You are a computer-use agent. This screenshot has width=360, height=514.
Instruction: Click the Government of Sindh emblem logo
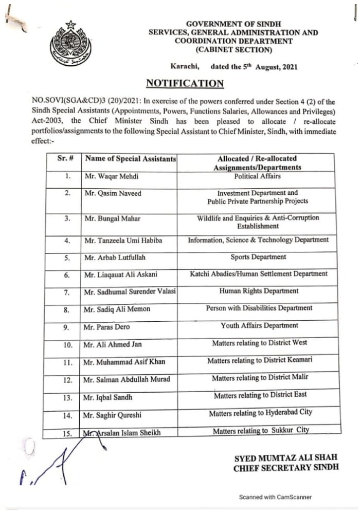coord(70,45)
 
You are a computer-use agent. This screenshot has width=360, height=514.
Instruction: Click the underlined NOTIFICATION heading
coord(185,84)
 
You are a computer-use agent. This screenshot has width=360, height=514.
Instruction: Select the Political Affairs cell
coord(257,176)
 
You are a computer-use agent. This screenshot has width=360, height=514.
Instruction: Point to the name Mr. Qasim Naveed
coord(113,193)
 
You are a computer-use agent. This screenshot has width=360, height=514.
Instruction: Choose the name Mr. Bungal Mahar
coord(112,218)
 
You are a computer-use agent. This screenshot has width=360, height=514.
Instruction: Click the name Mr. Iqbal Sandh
coord(108,397)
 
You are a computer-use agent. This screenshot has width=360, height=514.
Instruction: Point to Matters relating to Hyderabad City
coord(260,413)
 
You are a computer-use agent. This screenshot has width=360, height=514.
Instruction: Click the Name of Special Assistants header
coord(130,159)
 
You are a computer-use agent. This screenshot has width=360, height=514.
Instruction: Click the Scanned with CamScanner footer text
coord(275,497)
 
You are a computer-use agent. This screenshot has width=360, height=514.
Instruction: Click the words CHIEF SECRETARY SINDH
coord(286,468)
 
